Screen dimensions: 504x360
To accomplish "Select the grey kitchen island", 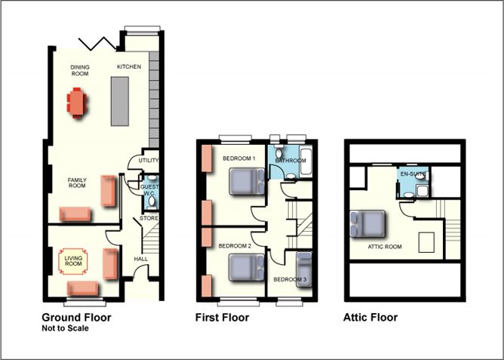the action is click(x=120, y=101).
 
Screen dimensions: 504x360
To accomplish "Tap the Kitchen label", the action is click(x=129, y=67).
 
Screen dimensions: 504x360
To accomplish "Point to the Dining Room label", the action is click(x=80, y=70).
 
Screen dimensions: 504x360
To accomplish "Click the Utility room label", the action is click(x=149, y=161).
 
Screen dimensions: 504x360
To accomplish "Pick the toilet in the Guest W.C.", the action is click(x=152, y=202).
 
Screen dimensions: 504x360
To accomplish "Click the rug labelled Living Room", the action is click(x=73, y=261).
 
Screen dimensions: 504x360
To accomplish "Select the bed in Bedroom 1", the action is click(x=247, y=182).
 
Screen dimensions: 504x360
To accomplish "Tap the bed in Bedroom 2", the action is click(x=247, y=267).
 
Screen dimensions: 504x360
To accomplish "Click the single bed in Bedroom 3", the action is click(x=304, y=269).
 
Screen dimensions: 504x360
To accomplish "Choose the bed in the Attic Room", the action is click(x=367, y=224).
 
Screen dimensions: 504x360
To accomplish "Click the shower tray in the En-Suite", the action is click(x=423, y=191).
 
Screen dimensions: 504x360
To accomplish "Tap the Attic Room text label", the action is click(x=385, y=247).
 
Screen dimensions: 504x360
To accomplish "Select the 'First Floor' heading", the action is click(x=222, y=318).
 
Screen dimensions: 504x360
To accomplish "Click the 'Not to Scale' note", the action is click(x=65, y=328).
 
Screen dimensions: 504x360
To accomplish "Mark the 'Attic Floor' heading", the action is click(x=370, y=318).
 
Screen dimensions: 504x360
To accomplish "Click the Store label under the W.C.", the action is click(x=149, y=218).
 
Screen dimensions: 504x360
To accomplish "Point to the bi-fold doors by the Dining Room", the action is click(x=97, y=44).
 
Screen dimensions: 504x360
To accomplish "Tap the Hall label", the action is click(x=141, y=259).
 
